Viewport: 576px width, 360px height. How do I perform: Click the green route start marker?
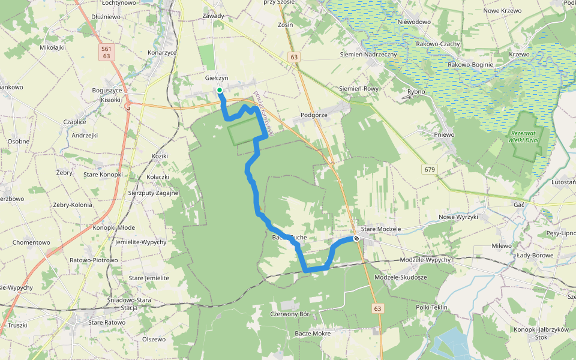(220, 91)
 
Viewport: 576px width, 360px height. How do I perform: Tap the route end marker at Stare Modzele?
(356, 238)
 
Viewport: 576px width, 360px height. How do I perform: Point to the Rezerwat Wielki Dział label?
(525, 136)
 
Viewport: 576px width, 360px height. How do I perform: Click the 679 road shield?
(428, 169)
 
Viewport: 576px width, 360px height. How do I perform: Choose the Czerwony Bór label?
(289, 314)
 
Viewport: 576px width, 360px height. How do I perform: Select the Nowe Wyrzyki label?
(458, 217)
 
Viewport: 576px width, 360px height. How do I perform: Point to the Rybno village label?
(416, 92)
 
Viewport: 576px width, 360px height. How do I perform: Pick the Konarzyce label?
(162, 53)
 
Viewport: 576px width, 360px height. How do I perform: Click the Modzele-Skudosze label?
(400, 277)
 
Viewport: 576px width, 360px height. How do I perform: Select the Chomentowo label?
(31, 242)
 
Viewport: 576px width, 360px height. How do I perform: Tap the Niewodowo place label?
(414, 22)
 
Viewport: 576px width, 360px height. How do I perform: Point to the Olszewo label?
(154, 339)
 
